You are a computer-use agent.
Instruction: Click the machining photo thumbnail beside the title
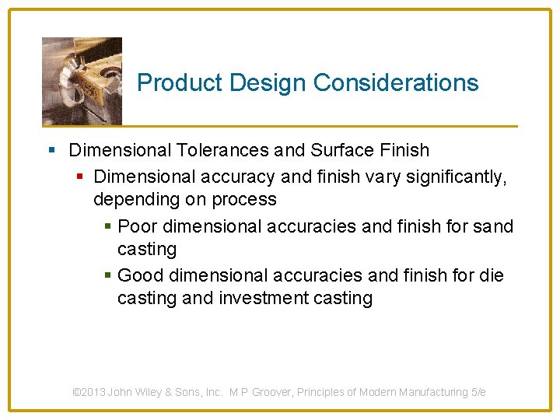(x=82, y=80)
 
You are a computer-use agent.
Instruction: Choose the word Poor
(x=136, y=226)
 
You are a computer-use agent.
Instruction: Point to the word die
(x=492, y=275)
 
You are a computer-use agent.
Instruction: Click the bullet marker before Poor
(x=108, y=227)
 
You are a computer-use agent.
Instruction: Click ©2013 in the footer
(x=89, y=393)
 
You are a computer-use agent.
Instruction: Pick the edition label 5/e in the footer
(x=478, y=393)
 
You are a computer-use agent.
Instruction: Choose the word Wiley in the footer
(x=149, y=393)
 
